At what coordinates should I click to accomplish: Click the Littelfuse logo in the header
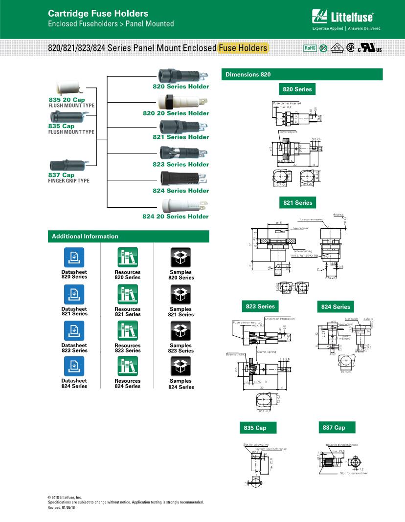pyautogui.click(x=345, y=18)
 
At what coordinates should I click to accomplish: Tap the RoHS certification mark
pyautogui.click(x=310, y=48)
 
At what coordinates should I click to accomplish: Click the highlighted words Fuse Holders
pyautogui.click(x=243, y=48)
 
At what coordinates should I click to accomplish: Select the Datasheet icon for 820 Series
pyautogui.click(x=74, y=257)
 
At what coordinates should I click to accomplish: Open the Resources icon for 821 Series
pyautogui.click(x=128, y=294)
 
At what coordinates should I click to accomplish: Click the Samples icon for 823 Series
pyautogui.click(x=180, y=331)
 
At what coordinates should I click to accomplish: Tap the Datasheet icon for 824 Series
pyautogui.click(x=74, y=366)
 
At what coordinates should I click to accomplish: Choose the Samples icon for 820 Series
pyautogui.click(x=180, y=257)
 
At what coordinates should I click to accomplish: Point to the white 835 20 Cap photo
pyautogui.click(x=67, y=88)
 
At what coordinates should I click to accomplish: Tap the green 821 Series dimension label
pyautogui.click(x=297, y=203)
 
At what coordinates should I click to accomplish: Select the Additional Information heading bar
pyautogui.click(x=128, y=237)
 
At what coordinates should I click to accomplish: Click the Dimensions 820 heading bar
pyautogui.click(x=302, y=74)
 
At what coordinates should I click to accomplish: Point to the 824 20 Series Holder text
pyautogui.click(x=176, y=216)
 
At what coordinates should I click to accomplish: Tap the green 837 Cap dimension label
pyautogui.click(x=336, y=428)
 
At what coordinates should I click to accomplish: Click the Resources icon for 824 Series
pyautogui.click(x=128, y=366)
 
